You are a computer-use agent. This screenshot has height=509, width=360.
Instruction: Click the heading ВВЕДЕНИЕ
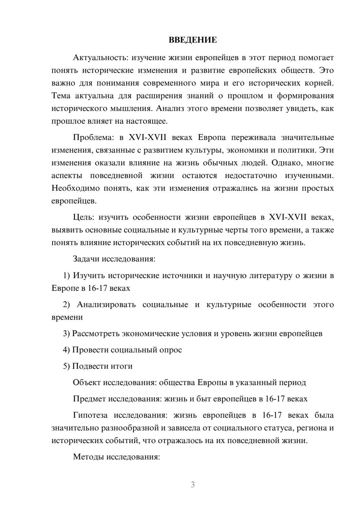[193, 40]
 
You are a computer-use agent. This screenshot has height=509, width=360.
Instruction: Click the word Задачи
[86, 259]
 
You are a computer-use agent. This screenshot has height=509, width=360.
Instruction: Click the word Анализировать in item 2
[106, 305]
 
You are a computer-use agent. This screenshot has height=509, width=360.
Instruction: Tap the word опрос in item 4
[171, 350]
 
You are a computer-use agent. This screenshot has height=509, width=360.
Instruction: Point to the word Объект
[87, 382]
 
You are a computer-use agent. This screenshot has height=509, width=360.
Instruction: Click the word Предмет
[90, 399]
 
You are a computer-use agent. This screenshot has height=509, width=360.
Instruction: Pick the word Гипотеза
[90, 415]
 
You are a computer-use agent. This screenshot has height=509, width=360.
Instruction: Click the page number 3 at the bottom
[193, 485]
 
